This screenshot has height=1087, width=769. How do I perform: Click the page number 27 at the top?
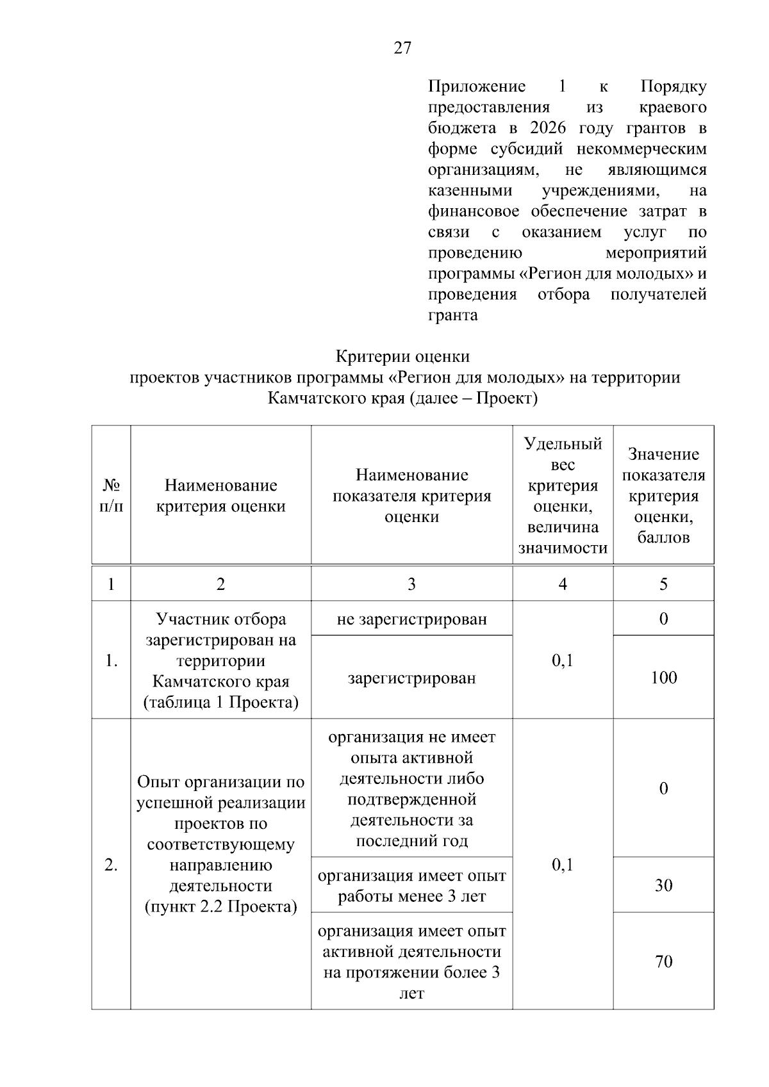(x=402, y=48)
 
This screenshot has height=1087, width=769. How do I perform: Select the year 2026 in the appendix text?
(x=550, y=128)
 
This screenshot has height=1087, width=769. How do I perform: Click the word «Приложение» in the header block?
(x=477, y=86)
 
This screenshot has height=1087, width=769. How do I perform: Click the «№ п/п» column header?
(x=111, y=495)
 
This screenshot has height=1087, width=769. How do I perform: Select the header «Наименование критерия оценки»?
(x=220, y=495)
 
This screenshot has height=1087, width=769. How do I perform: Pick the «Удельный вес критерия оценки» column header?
(x=562, y=495)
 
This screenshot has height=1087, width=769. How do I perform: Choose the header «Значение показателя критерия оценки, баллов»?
(x=663, y=495)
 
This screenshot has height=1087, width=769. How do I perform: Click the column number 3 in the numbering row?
(x=411, y=584)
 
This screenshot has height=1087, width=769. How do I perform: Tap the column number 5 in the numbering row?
(x=663, y=584)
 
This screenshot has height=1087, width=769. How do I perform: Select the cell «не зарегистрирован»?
(x=411, y=619)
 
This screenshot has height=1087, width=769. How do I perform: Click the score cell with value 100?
(x=663, y=678)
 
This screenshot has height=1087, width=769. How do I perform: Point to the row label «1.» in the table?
(x=111, y=661)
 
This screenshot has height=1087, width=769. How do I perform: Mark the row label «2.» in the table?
(x=111, y=865)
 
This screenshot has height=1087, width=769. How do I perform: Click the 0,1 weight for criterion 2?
(x=562, y=865)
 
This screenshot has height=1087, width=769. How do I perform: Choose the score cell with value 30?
(x=663, y=885)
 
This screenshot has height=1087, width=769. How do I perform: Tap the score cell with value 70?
(x=663, y=961)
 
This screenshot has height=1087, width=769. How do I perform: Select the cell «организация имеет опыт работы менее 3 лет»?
(x=411, y=886)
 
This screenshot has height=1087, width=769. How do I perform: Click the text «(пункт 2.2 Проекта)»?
(x=220, y=907)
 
